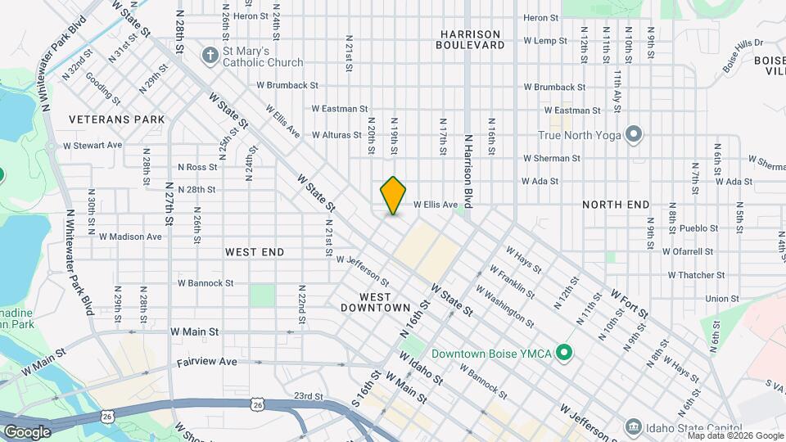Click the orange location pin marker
(394, 196)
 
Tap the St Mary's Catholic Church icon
(210, 56)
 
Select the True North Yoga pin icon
(633, 134)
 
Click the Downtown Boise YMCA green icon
(563, 354)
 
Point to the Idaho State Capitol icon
(633, 426)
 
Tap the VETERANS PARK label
(117, 120)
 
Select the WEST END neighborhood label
(255, 252)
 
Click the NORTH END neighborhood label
(616, 205)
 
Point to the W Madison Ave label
(130, 237)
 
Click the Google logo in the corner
(27, 431)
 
